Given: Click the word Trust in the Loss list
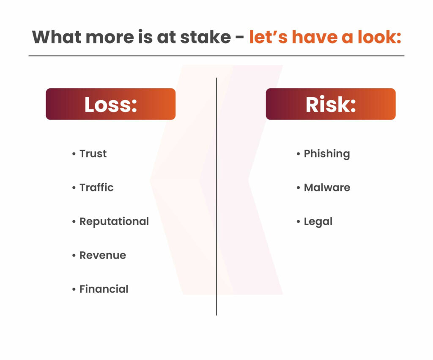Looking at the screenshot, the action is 93,154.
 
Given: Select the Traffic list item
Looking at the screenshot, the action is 96,188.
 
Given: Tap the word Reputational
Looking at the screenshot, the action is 114,222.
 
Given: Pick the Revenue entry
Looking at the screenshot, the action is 103,256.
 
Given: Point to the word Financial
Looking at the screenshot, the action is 104,289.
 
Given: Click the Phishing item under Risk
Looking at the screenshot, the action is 327,154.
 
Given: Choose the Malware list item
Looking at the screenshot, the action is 327,188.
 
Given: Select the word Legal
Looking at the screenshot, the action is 318,222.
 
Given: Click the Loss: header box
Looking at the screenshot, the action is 110,104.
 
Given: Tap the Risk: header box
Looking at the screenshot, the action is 331,104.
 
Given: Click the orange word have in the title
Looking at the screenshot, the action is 315,37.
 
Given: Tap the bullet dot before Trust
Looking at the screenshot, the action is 74,154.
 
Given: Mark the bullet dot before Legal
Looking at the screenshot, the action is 298,221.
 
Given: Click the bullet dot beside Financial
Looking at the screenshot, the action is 74,289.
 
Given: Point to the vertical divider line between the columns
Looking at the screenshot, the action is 216,196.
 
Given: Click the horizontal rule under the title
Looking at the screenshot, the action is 216,56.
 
